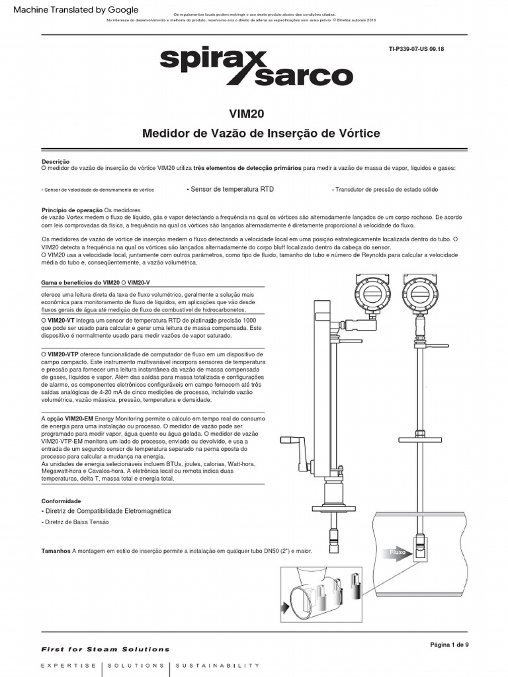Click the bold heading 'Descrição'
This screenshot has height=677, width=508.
pos(55,161)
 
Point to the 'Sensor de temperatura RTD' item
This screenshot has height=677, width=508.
pos(230,189)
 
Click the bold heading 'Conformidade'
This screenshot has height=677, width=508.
pos(62,501)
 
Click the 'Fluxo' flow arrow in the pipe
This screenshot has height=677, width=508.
pos(398,552)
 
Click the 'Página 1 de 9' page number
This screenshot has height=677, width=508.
pos(449,645)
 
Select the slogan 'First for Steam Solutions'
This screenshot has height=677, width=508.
pos(105,649)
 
